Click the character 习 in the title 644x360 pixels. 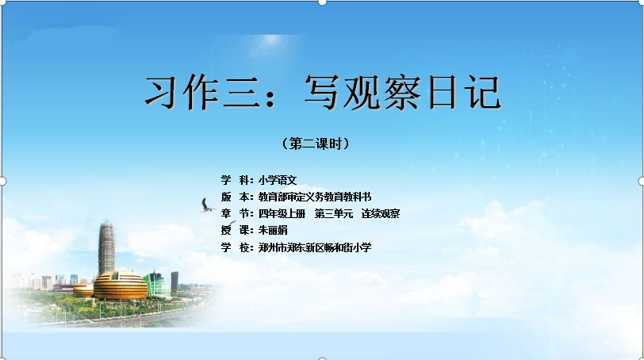(x=162, y=93)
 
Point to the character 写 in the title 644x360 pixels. (x=322, y=93)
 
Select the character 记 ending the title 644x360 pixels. (x=483, y=93)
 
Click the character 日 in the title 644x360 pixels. (x=443, y=93)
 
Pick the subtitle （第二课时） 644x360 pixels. (x=316, y=144)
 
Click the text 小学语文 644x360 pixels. (x=278, y=180)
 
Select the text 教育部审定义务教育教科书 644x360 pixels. (x=315, y=197)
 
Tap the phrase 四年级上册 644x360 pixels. (x=282, y=214)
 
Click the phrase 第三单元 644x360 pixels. (x=333, y=214)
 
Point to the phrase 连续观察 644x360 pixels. (x=381, y=214)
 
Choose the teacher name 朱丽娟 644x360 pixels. (x=273, y=230)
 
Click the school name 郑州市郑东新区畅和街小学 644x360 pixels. (x=315, y=247)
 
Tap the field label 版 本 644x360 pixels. (x=236, y=197)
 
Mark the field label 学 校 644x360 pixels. (x=236, y=247)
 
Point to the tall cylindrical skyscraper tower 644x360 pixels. (x=106, y=248)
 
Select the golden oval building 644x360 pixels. (x=120, y=285)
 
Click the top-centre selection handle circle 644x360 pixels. (x=323, y=2)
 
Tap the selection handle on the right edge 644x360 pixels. (x=642, y=181)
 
